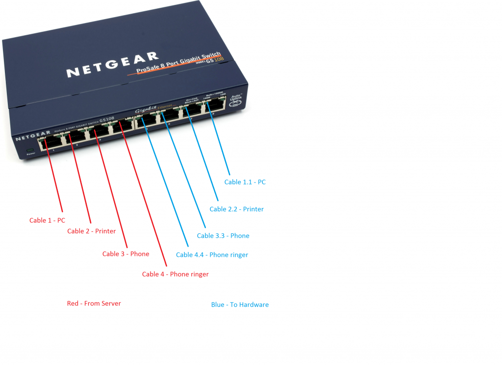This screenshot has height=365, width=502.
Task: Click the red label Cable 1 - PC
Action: pyautogui.click(x=47, y=221)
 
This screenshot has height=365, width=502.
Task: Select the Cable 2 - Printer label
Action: pyautogui.click(x=92, y=231)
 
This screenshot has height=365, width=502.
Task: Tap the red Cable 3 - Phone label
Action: pyautogui.click(x=125, y=254)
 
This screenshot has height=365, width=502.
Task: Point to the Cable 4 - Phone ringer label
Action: pyautogui.click(x=175, y=274)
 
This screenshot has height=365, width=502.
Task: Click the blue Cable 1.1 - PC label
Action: pyautogui.click(x=245, y=182)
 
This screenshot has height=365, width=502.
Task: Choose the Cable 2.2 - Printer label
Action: pyautogui.click(x=236, y=209)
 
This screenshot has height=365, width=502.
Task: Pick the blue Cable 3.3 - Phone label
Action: pyautogui.click(x=223, y=236)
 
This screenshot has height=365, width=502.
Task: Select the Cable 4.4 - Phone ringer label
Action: pyautogui.click(x=212, y=255)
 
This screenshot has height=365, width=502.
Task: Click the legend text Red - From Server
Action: pyautogui.click(x=94, y=304)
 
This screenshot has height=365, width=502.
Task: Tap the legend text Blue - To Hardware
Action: pyautogui.click(x=240, y=305)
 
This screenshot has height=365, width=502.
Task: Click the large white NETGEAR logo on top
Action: pyautogui.click(x=113, y=65)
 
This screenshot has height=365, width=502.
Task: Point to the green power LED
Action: pyautogui.click(x=30, y=150)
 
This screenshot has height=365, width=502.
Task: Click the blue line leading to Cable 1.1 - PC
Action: pyautogui.click(x=220, y=142)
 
